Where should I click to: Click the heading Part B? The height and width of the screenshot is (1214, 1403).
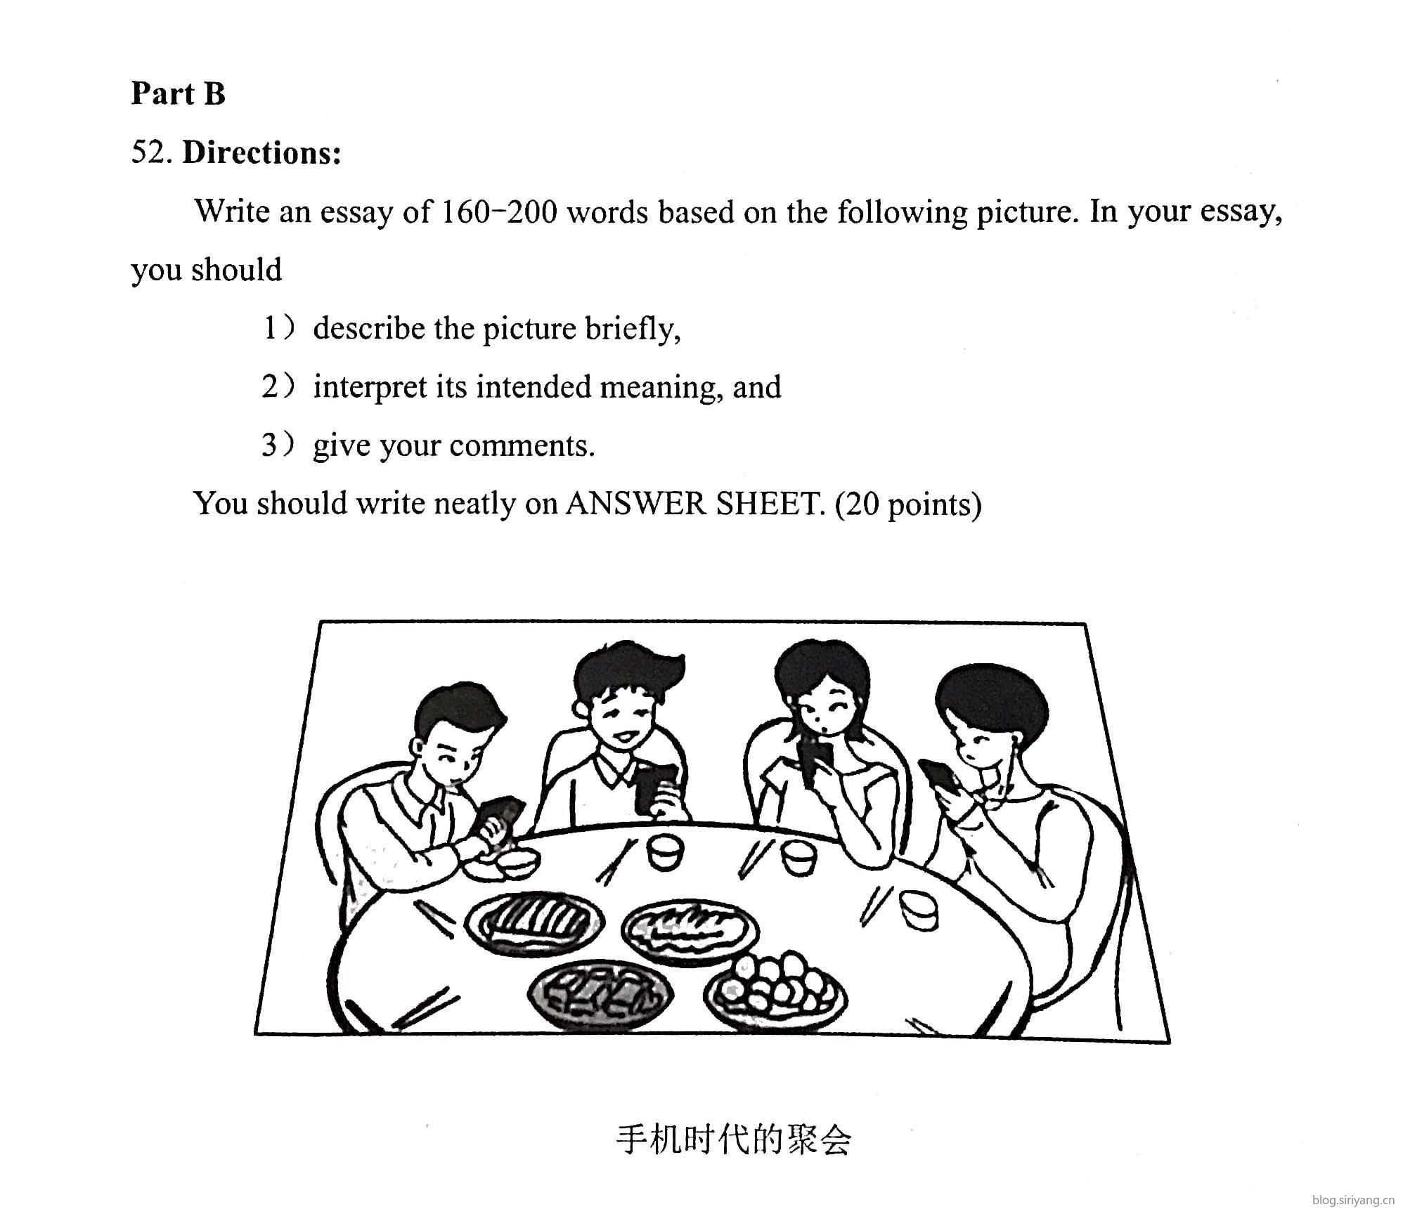coord(178,93)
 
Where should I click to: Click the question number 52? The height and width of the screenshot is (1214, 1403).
coord(151,152)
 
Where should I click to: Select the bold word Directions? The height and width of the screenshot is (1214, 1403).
coord(261,152)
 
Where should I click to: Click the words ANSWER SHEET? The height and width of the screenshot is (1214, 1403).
coord(694,504)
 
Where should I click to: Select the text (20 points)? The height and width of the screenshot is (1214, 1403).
coord(907,504)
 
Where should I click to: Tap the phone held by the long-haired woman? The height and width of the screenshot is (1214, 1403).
coord(817,764)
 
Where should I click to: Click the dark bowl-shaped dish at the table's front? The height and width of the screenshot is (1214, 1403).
coord(600,993)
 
